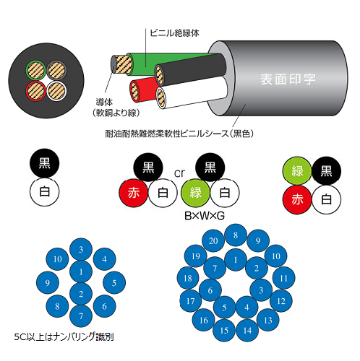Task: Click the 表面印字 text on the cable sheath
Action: (288, 79)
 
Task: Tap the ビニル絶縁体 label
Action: (174, 33)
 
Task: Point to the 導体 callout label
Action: (104, 103)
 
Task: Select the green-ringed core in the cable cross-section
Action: (35, 70)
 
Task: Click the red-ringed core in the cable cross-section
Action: (35, 91)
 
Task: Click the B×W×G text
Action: (205, 216)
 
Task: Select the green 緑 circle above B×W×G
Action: (195, 193)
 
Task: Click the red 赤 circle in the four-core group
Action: (297, 199)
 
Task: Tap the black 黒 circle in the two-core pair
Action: (45, 163)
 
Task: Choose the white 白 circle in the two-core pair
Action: (45, 192)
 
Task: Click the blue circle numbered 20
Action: (213, 240)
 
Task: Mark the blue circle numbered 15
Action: (224, 330)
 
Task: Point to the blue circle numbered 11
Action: (283, 278)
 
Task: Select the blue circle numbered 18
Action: (188, 278)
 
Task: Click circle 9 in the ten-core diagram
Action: (48, 282)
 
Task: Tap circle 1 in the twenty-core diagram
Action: (236, 260)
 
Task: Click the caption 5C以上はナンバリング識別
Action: (64, 336)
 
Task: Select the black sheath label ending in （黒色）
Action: (179, 134)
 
